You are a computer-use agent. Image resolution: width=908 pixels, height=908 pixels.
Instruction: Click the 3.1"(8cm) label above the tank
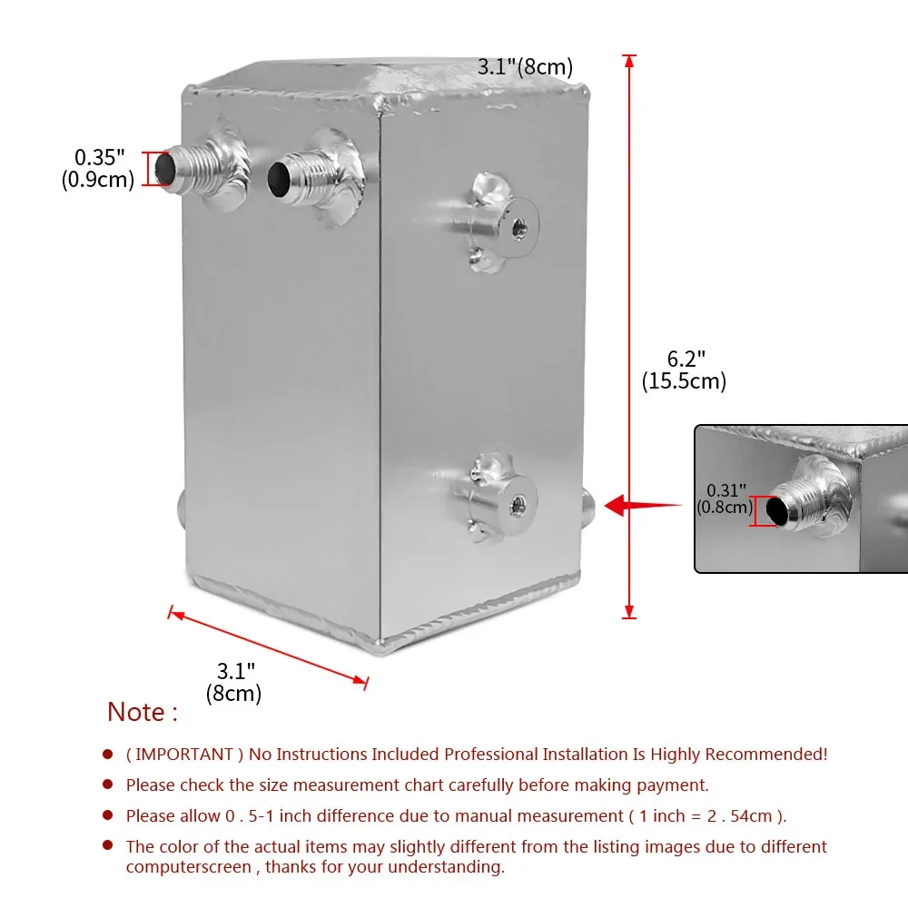pos(525,66)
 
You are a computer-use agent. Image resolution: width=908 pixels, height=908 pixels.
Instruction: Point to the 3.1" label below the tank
pos(235,672)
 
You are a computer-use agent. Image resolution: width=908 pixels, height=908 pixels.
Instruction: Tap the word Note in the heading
pos(136,712)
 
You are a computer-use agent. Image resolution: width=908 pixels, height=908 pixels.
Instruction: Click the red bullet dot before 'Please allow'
pos(108,815)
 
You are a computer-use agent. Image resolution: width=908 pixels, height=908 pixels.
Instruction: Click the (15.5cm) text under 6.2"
pos(684,381)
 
